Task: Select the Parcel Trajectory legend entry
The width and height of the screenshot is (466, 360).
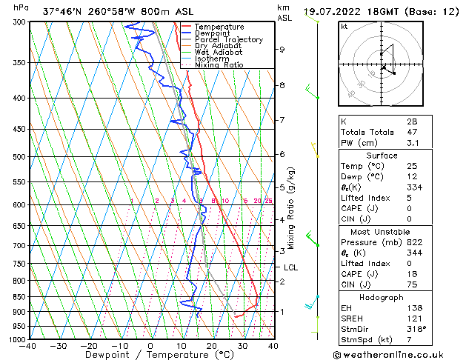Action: click(228, 40)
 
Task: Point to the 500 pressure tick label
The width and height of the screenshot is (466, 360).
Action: click(18, 157)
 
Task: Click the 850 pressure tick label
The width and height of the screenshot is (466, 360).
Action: click(18, 296)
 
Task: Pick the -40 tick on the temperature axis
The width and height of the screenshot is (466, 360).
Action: click(28, 346)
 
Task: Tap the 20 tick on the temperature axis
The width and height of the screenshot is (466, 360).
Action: click(211, 346)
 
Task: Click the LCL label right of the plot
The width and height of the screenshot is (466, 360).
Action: click(290, 267)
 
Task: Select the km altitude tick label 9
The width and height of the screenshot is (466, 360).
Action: click(282, 50)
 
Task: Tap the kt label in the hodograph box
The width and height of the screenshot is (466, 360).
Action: click(344, 27)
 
